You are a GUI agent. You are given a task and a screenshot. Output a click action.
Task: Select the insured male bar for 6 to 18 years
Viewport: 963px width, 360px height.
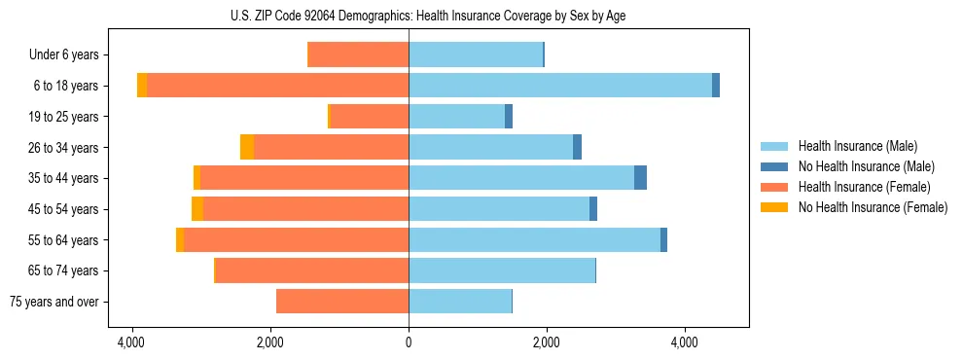tap(560, 86)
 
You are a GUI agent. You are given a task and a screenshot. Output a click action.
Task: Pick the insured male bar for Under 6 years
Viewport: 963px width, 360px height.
tap(476, 54)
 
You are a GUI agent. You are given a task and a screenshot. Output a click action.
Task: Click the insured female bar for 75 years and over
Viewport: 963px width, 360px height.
tap(342, 302)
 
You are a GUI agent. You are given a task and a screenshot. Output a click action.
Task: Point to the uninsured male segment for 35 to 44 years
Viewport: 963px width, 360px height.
tap(640, 178)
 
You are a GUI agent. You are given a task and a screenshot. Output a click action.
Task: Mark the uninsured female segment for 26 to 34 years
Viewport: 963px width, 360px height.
tap(247, 147)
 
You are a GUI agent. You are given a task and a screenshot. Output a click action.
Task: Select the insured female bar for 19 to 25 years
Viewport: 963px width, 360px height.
tap(370, 117)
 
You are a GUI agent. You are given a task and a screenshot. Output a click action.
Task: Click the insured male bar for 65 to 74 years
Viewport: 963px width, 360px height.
tap(502, 270)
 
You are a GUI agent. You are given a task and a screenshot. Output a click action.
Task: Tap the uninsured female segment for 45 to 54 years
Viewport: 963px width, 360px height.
tap(197, 209)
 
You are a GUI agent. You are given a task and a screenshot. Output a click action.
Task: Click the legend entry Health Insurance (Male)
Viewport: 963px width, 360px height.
tap(857, 146)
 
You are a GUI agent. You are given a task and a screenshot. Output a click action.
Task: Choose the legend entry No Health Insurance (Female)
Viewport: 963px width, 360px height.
tap(873, 207)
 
